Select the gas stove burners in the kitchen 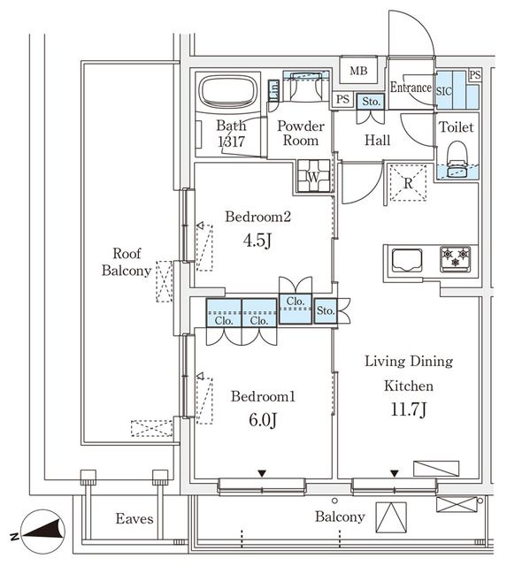(x=456, y=258)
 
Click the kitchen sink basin (x=407, y=259)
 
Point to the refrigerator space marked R (x=408, y=183)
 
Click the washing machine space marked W (x=313, y=176)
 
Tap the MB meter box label (x=358, y=71)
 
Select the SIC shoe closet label (x=444, y=91)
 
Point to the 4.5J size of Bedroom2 (x=257, y=241)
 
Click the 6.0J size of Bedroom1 (x=263, y=419)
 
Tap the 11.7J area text (x=409, y=409)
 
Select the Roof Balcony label (x=127, y=262)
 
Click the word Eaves (x=134, y=519)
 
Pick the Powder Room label (x=301, y=133)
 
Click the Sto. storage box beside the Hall (x=371, y=102)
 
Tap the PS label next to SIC (x=475, y=74)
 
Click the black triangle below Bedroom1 (x=262, y=473)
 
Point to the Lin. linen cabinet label (x=273, y=90)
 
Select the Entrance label (x=411, y=87)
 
